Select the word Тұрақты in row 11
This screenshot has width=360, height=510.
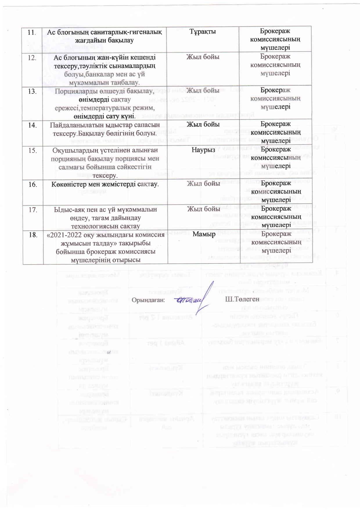203,32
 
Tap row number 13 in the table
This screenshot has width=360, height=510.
32,92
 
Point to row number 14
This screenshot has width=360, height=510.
32,125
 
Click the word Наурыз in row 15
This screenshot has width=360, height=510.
203,150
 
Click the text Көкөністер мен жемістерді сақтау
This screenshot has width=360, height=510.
105,184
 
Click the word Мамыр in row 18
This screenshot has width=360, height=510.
204,234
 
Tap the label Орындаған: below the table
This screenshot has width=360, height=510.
148,300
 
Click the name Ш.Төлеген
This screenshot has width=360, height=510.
242,299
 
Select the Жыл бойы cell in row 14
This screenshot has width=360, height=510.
203,125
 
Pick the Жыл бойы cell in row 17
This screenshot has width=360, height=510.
203,209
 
